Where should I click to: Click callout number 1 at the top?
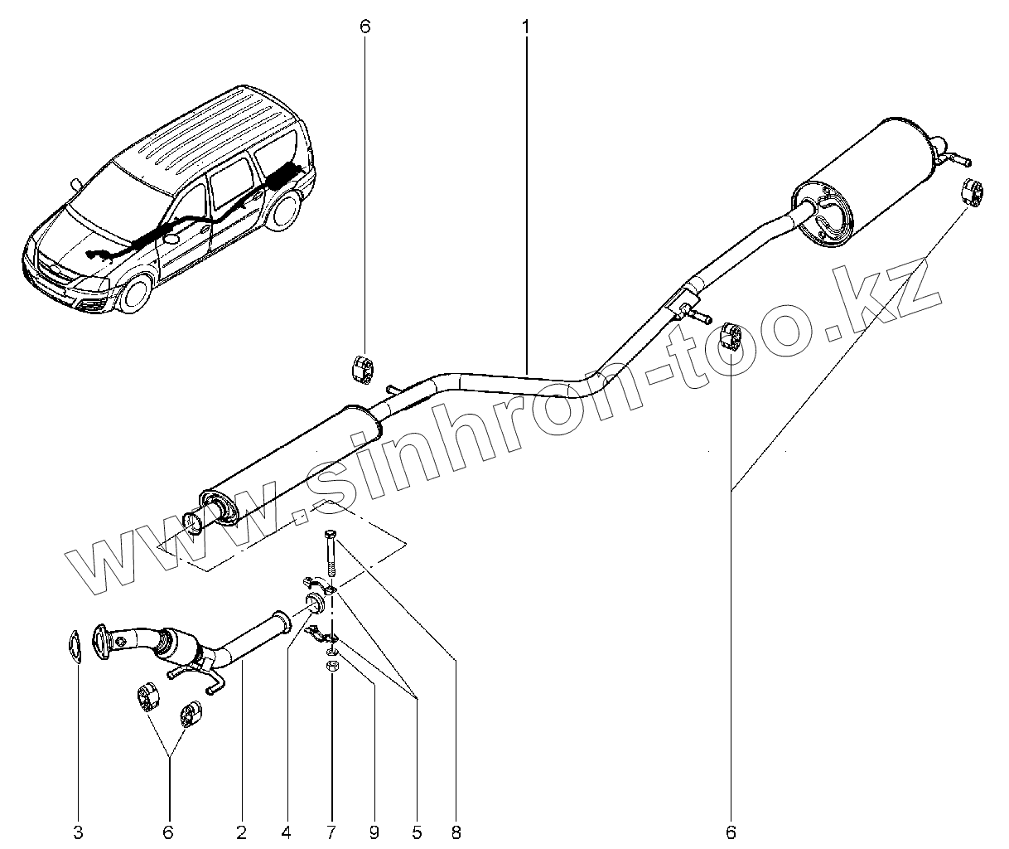tap(525, 27)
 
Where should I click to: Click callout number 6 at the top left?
tap(365, 27)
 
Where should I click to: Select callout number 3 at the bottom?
tap(79, 830)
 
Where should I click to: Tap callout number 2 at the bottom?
tap(241, 830)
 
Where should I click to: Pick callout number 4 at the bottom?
tap(287, 830)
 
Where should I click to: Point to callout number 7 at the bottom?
tap(331, 830)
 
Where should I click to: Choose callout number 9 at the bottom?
tap(374, 830)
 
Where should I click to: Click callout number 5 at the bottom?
tap(417, 830)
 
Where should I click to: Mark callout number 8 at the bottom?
tap(456, 830)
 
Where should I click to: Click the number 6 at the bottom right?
tap(731, 830)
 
